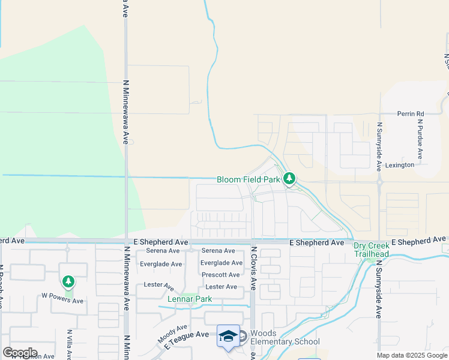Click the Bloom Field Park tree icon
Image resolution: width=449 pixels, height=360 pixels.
pyautogui.click(x=289, y=179)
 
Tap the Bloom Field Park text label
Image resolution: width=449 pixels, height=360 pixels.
pyautogui.click(x=249, y=179)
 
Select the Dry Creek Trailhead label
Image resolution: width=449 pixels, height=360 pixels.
pyautogui.click(x=371, y=250)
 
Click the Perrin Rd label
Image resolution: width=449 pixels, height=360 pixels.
pyautogui.click(x=411, y=113)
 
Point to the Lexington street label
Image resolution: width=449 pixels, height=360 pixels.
pyautogui.click(x=399, y=164)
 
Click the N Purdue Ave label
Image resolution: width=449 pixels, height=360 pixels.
pyautogui.click(x=420, y=139)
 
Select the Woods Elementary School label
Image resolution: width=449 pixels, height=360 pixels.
pyautogui.click(x=285, y=338)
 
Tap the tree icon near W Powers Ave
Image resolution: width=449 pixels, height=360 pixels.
pyautogui.click(x=68, y=281)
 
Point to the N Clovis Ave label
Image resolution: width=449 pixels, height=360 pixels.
pyautogui.click(x=254, y=268)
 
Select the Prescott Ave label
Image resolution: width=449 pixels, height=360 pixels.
pyautogui.click(x=221, y=275)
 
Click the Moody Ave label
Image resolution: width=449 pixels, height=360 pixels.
pyautogui.click(x=173, y=334)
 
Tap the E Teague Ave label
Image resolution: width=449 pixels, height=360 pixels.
pyautogui.click(x=185, y=340)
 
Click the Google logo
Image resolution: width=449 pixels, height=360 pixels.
pyautogui.click(x=20, y=353)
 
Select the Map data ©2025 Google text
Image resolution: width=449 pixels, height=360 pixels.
pyautogui.click(x=411, y=355)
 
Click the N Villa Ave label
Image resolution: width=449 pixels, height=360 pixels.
pyautogui.click(x=69, y=343)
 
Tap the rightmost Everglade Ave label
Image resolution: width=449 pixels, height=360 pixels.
pyautogui.click(x=221, y=263)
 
